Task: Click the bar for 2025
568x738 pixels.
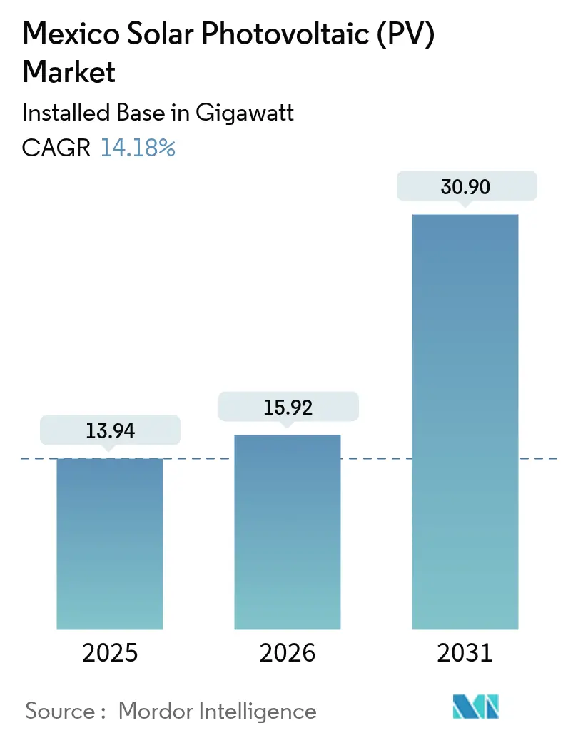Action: pos(110,542)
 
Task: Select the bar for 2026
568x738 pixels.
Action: pos(288,532)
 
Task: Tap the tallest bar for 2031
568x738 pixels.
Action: pos(465,421)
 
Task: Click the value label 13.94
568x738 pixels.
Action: pos(110,430)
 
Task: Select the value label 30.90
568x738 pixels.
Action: pos(465,186)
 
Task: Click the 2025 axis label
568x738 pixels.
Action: pos(110,652)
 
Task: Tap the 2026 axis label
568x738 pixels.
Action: pos(288,652)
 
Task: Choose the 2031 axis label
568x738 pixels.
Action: pos(465,652)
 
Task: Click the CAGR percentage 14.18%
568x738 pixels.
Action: pos(138,148)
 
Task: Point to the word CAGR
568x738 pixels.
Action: pos(56,148)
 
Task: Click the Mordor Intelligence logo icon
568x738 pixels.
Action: pos(476,707)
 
